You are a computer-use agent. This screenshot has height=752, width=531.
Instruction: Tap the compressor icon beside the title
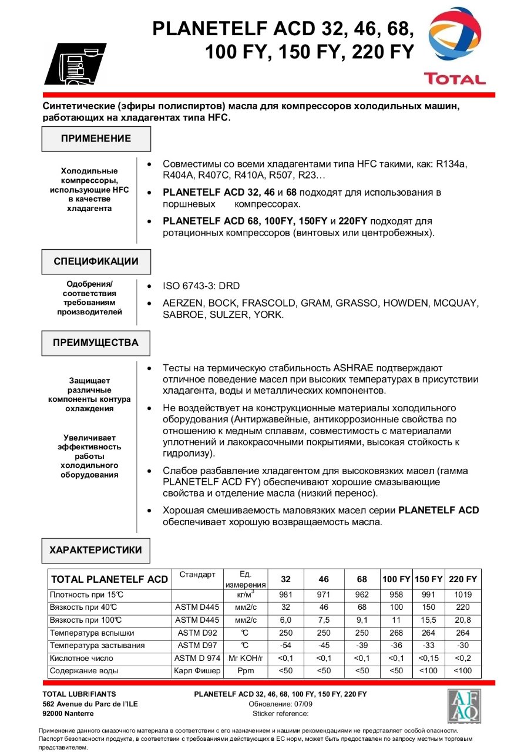tap(75, 64)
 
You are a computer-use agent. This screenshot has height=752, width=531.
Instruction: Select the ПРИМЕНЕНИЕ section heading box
tap(96, 139)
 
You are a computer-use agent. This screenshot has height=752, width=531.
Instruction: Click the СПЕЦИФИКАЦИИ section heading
tap(96, 261)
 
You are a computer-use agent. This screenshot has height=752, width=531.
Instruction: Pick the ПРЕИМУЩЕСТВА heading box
tap(96, 343)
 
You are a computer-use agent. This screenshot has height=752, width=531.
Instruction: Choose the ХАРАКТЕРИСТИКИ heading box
tap(96, 550)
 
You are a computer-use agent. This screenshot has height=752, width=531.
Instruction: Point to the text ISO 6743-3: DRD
tap(201, 286)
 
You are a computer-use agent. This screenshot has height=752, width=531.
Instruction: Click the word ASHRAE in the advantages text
tap(358, 368)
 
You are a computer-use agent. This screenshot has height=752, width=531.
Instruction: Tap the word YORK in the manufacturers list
tap(268, 315)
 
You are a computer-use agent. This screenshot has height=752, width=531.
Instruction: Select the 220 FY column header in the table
tap(463, 579)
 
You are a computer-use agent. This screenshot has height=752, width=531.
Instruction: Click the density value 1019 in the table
tap(463, 595)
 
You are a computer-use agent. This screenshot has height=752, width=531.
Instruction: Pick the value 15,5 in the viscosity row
tap(428, 620)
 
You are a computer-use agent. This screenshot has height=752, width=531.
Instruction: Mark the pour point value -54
tap(285, 645)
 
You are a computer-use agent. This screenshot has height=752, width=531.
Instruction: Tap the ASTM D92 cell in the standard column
tap(197, 633)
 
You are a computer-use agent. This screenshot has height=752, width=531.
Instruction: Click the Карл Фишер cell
tap(197, 670)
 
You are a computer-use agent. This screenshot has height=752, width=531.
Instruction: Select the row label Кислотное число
tap(82, 658)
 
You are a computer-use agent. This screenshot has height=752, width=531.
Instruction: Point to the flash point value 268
tap(396, 633)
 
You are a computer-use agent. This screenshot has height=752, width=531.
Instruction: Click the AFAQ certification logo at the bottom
tap(464, 706)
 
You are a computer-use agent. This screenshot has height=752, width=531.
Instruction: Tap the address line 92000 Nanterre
tap(68, 713)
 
